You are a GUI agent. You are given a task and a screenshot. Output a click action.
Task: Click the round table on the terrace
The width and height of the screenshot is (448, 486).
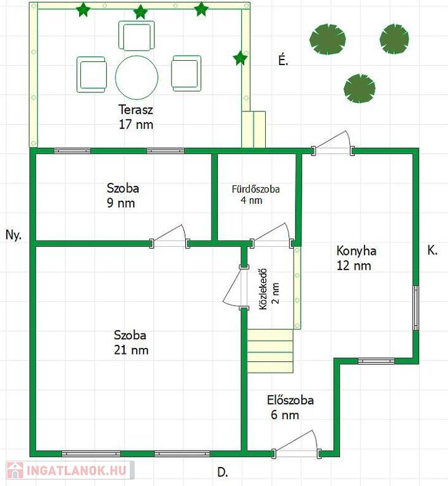pyautogui.click(x=137, y=77)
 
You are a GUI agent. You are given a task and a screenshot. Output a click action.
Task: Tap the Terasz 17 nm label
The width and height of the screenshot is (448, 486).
pyautogui.click(x=135, y=117)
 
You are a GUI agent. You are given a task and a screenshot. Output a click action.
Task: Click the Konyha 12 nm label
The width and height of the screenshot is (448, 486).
pyautogui.click(x=356, y=258)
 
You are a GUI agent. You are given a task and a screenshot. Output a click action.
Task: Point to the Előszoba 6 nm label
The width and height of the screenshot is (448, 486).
pyautogui.click(x=290, y=408)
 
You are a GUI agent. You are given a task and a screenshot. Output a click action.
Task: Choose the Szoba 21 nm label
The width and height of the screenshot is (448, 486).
pyautogui.click(x=131, y=342)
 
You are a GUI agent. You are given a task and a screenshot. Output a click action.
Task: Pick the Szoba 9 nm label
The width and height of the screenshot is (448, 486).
pyautogui.click(x=123, y=196)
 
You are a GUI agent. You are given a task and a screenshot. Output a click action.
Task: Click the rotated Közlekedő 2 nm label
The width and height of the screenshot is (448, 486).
pyautogui.click(x=269, y=289)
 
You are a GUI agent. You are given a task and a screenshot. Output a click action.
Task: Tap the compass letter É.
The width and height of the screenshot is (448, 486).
pyautogui.click(x=283, y=60)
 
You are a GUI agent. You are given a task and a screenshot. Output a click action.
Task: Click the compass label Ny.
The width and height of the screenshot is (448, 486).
pyautogui.click(x=14, y=235)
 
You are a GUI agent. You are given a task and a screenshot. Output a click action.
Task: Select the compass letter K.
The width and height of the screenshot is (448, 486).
pyautogui.click(x=432, y=251)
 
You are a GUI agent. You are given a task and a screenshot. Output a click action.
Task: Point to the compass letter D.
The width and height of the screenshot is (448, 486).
pyautogui.click(x=223, y=472)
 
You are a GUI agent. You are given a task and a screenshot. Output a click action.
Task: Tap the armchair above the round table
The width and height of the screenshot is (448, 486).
pyautogui.click(x=136, y=35)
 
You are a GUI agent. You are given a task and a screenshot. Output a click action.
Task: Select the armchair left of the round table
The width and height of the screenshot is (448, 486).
pyautogui.click(x=92, y=75)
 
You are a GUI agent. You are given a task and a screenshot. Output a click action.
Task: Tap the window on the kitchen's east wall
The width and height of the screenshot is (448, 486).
pyautogui.click(x=416, y=308)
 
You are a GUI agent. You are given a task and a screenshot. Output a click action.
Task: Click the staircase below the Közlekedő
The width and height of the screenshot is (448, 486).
pyautogui.click(x=270, y=351)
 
